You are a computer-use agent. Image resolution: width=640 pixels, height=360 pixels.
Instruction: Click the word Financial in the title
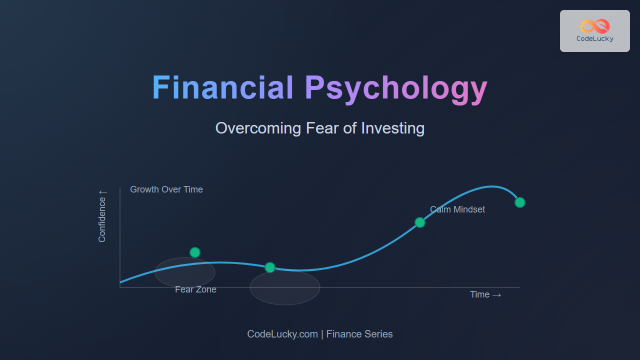pyautogui.click(x=223, y=87)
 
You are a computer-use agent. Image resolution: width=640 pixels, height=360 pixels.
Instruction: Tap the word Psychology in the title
pyautogui.click(x=396, y=89)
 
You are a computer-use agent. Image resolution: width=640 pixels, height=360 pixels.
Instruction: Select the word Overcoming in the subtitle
pyautogui.click(x=258, y=128)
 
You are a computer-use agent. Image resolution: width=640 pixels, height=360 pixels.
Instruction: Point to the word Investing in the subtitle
pyautogui.click(x=393, y=128)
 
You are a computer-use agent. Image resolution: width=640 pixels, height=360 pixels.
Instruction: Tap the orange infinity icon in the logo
pyautogui.click(x=595, y=26)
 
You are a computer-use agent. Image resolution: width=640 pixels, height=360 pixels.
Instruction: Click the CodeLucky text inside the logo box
pyautogui.click(x=595, y=39)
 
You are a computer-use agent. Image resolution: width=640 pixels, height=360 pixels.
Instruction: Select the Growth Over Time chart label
pyautogui.click(x=166, y=189)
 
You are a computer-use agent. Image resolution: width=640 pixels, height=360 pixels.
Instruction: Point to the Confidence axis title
pyautogui.click(x=102, y=219)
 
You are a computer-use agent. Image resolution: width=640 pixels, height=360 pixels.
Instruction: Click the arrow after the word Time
pyautogui.click(x=497, y=295)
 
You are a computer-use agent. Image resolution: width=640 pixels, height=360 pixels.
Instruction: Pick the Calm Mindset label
pyautogui.click(x=457, y=209)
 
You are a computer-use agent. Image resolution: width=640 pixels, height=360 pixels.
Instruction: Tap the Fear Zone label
pyautogui.click(x=195, y=289)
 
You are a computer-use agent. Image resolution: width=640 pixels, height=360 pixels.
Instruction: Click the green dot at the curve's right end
pyautogui.click(x=520, y=202)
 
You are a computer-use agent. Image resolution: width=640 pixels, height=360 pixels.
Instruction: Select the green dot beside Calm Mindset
pyautogui.click(x=420, y=222)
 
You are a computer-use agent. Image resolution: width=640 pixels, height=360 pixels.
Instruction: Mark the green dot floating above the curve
pyautogui.click(x=195, y=252)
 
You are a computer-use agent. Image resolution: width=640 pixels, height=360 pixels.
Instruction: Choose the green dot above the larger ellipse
pyautogui.click(x=270, y=267)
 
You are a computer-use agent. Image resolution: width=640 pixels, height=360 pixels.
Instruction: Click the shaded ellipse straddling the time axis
pyautogui.click(x=285, y=287)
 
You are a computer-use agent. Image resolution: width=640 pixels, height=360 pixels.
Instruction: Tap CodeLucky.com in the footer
pyautogui.click(x=282, y=334)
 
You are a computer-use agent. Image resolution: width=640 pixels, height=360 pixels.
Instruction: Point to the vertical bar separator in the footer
pyautogui.click(x=322, y=334)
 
